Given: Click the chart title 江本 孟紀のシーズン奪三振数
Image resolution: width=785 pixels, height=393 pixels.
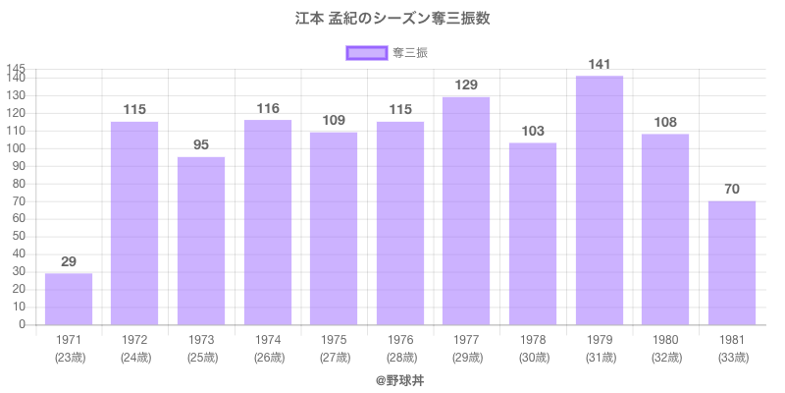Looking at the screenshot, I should tap(392, 19).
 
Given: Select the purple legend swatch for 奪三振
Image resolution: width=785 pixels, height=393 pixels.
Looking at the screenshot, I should tap(367, 53).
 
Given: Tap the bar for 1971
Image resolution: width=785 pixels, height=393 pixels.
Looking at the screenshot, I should tap(69, 299).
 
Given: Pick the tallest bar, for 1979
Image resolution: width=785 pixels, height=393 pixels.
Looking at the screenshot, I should tap(600, 200).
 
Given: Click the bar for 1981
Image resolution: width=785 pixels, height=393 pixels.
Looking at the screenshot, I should tap(732, 262).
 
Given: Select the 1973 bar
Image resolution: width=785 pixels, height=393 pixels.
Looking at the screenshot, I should tap(201, 241).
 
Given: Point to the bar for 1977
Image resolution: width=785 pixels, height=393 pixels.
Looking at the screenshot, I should tap(466, 211).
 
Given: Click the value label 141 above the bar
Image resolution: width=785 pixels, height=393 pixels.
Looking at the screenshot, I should tap(600, 65).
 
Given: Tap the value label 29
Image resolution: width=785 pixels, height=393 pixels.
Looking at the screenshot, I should tap(69, 261).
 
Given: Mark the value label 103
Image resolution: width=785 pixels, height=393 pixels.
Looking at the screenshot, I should tap(533, 132).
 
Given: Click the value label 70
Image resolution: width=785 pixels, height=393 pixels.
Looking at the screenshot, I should tap(732, 190).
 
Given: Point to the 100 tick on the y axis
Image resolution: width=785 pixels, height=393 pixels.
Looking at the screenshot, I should tap(21, 148).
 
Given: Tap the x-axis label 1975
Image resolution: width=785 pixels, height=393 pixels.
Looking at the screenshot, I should tap(334, 340).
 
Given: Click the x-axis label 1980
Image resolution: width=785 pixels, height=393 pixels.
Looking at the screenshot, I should tap(665, 340).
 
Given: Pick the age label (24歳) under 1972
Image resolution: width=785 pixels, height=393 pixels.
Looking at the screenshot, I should tap(134, 358).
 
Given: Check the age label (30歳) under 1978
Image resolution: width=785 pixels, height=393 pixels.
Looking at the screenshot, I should tap(533, 358).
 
